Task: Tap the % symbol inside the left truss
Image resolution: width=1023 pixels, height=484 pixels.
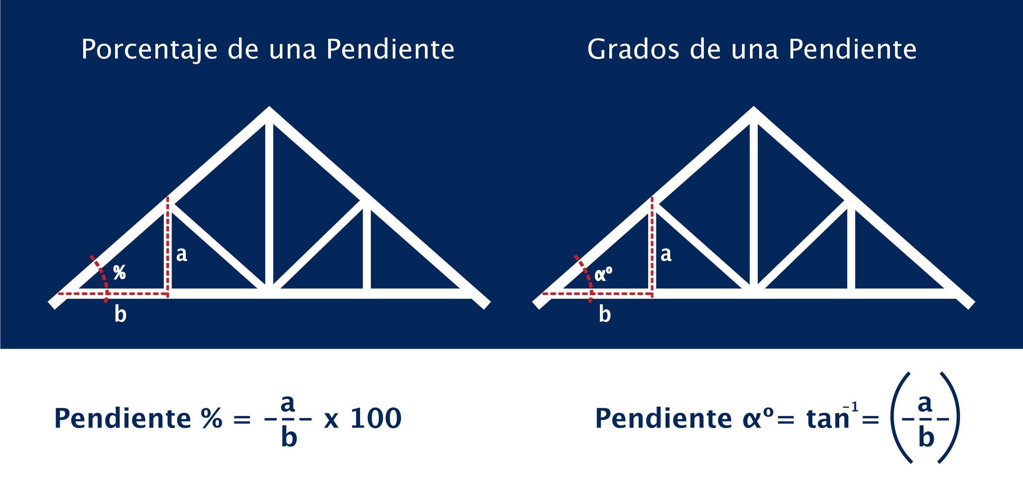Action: pos(119,272)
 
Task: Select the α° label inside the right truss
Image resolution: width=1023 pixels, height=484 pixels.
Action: pos(603,274)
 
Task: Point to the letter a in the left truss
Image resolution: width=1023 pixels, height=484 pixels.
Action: pos(182,254)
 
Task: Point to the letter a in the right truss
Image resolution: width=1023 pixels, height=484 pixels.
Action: pos(666,254)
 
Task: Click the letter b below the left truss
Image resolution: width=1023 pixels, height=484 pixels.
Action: pos(120,314)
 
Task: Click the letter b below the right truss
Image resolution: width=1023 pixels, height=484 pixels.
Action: pos(605,314)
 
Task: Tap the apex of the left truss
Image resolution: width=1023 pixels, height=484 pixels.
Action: pos(269,106)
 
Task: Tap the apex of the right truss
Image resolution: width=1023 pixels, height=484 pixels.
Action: pos(753,106)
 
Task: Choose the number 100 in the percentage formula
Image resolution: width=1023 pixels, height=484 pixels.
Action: pos(376,419)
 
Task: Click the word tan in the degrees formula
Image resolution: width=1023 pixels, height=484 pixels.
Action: pos(828,419)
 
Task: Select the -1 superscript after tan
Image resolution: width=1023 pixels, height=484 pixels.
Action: pos(850,407)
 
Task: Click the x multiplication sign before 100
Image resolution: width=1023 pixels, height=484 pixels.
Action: pos(331,421)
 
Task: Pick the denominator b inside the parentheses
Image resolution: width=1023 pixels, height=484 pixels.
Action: pos(926,437)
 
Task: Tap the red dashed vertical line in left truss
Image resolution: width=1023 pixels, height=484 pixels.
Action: pos(168,247)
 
